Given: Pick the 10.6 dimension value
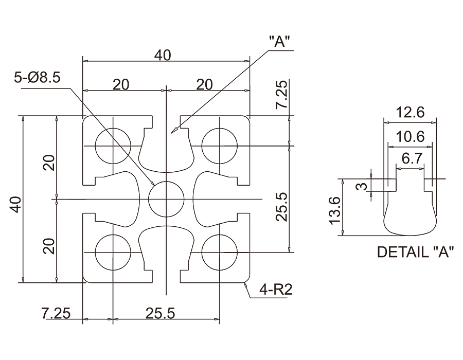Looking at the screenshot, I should click(x=410, y=136).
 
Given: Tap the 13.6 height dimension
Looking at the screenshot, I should click(x=335, y=210).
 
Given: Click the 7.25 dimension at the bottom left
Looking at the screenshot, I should click(x=55, y=312).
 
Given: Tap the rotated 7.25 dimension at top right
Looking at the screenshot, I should click(x=282, y=96).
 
